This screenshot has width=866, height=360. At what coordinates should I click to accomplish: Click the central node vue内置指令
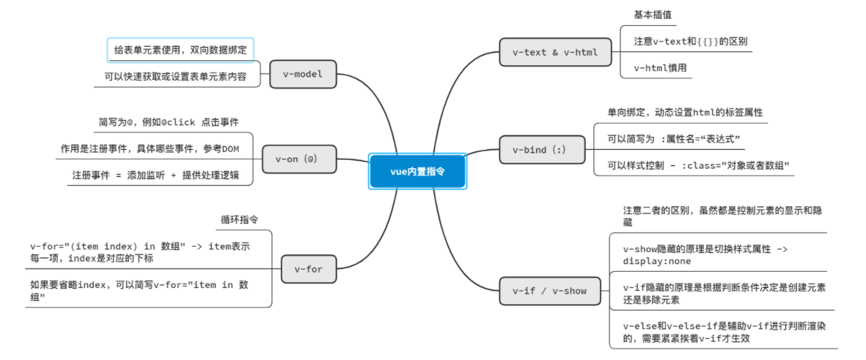click(x=417, y=171)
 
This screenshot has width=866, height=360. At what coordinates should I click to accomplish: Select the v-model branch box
click(x=302, y=74)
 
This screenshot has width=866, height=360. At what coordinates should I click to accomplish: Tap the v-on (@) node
click(x=296, y=159)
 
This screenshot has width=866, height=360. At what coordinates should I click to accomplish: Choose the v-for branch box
click(x=308, y=269)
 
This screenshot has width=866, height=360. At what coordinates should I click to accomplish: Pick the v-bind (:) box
click(x=538, y=149)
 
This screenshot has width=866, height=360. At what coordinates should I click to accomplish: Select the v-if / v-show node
click(x=549, y=291)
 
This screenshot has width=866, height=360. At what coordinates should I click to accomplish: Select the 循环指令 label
click(x=239, y=220)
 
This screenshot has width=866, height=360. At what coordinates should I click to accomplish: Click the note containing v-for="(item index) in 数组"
click(x=140, y=252)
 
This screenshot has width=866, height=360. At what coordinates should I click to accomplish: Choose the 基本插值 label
click(x=652, y=14)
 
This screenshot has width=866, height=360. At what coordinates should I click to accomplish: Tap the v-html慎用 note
click(x=660, y=68)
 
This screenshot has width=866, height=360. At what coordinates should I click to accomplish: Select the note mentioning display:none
click(x=705, y=255)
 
